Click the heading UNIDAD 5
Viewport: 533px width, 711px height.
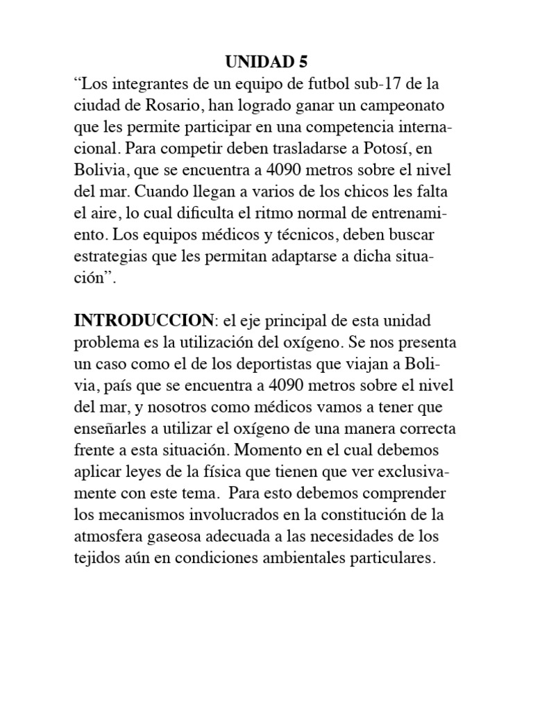click(266, 63)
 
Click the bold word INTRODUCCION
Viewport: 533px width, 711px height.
click(144, 321)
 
